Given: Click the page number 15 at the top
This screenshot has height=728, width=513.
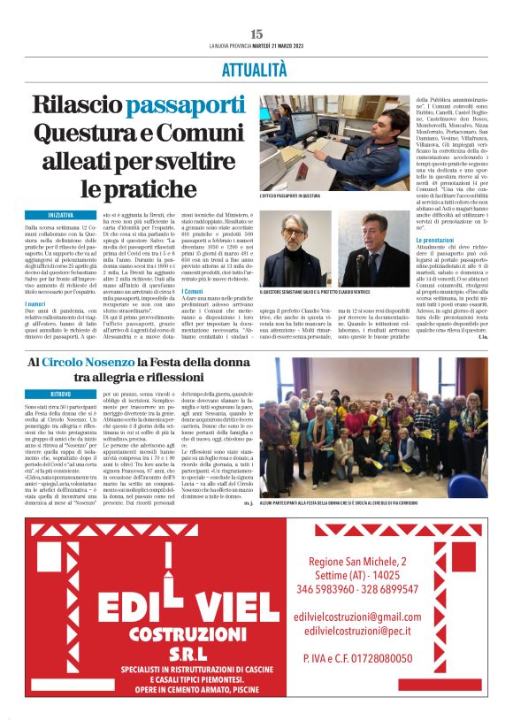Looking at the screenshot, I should (x=256, y=34).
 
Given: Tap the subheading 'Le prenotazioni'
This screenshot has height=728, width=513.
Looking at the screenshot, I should (x=435, y=240).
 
